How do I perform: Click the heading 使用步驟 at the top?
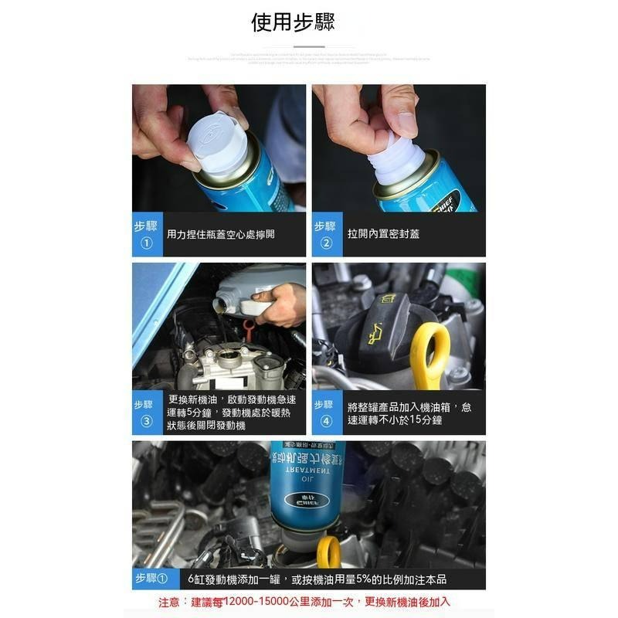[293, 22]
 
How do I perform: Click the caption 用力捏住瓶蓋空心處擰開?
[221, 234]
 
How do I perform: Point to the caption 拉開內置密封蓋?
[383, 234]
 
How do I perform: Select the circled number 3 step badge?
[147, 421]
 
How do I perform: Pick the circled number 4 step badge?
[325, 421]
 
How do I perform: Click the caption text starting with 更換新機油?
[232, 413]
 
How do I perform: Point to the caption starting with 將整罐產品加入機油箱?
[409, 413]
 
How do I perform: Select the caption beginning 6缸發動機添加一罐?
[317, 579]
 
